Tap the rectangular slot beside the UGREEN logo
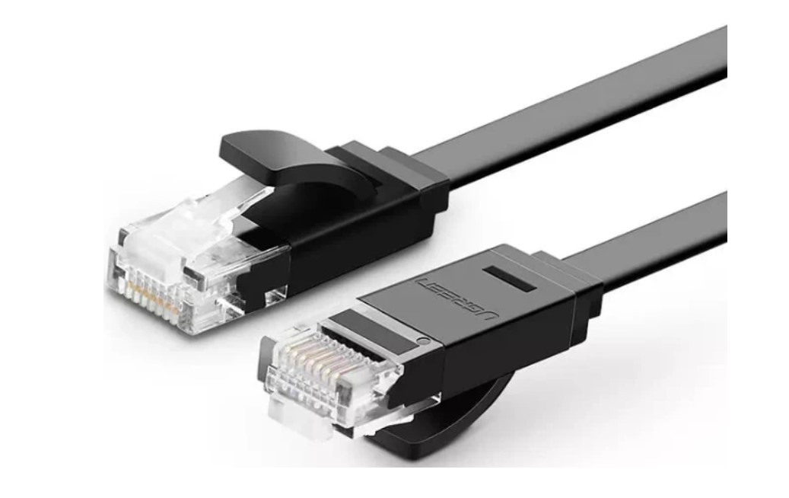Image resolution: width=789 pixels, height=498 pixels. click(509, 279)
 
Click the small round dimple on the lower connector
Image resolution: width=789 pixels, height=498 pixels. click(423, 341)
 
